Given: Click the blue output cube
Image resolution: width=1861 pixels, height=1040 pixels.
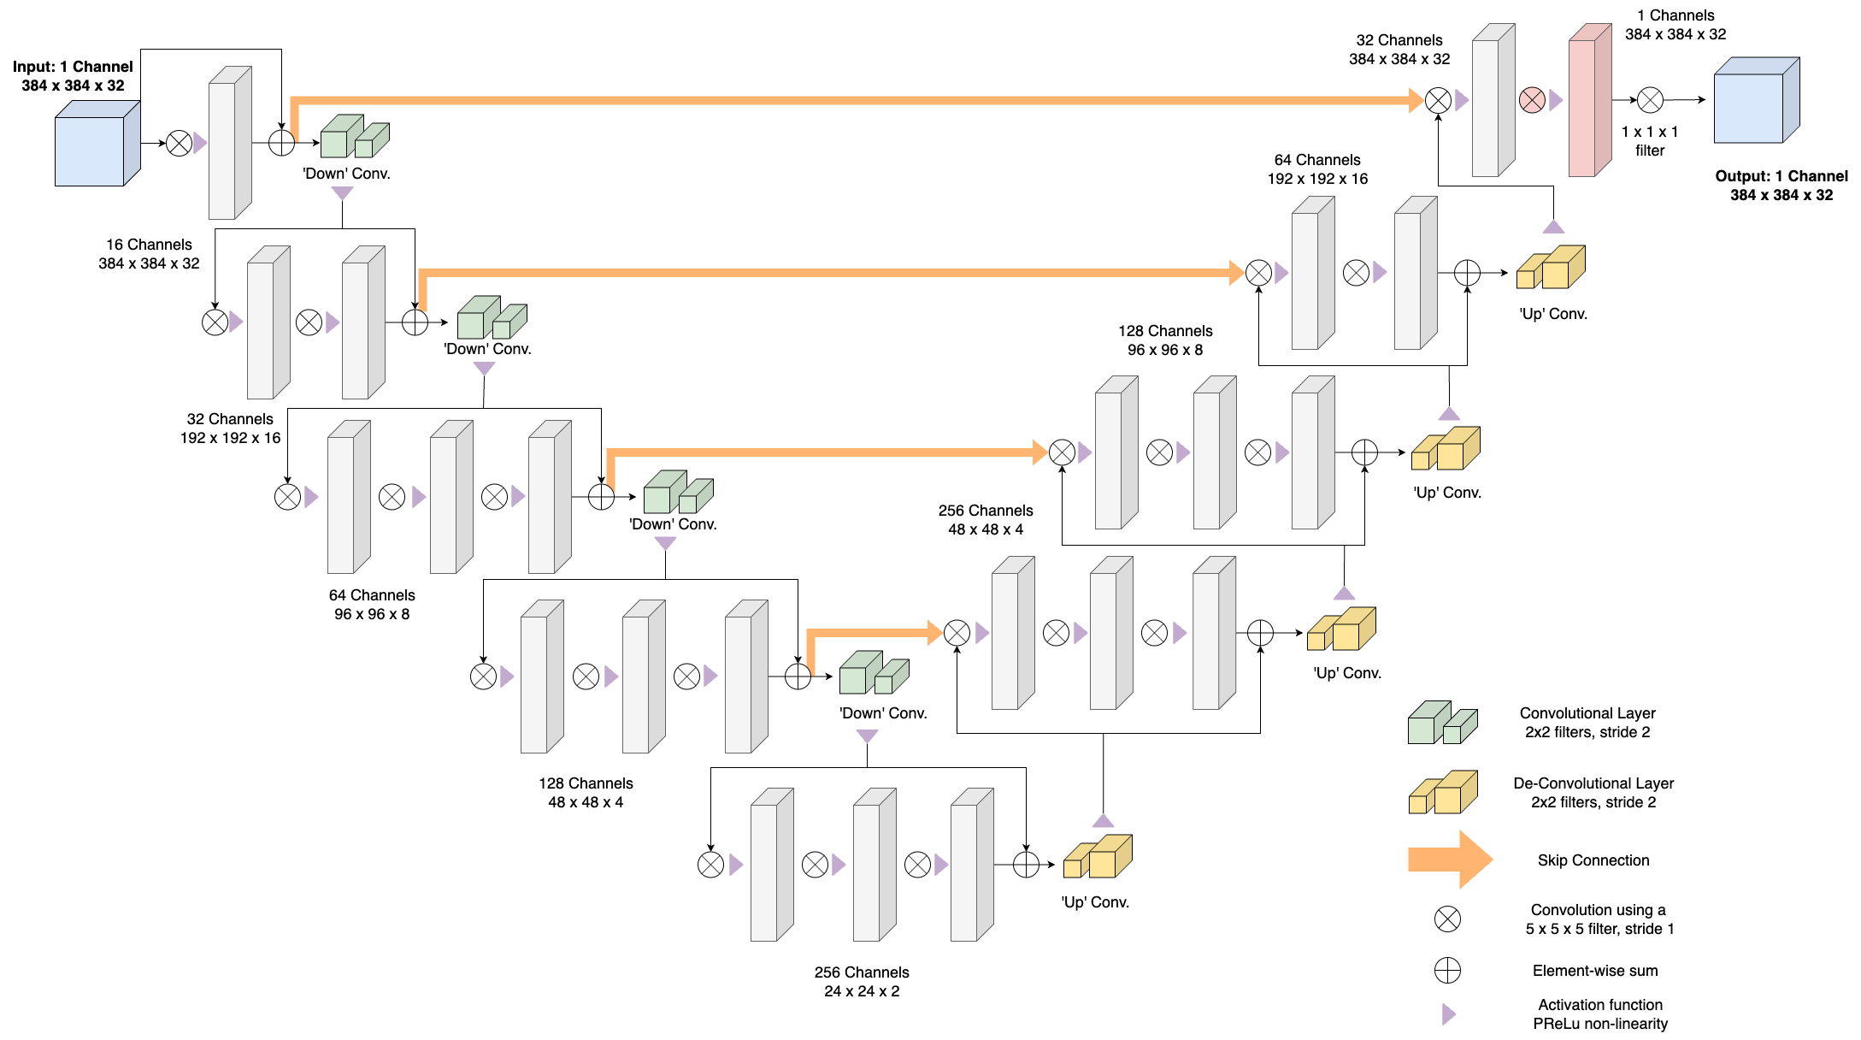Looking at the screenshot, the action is pyautogui.click(x=1757, y=100).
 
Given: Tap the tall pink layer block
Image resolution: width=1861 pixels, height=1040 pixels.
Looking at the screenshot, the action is pyautogui.click(x=1590, y=100).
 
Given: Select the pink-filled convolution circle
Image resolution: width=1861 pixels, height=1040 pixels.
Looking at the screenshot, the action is pyautogui.click(x=1532, y=100).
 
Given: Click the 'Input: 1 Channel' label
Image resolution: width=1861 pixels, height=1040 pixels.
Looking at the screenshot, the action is pyautogui.click(x=73, y=67).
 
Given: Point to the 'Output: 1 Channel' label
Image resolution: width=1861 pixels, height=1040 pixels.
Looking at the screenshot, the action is pyautogui.click(x=1781, y=176).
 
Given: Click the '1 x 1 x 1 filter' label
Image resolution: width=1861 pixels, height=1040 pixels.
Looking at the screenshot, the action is pyautogui.click(x=1650, y=141).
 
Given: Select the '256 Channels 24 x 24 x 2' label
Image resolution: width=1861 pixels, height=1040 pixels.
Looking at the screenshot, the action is pyautogui.click(x=862, y=982).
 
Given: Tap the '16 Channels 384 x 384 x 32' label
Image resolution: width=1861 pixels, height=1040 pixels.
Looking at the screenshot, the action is pyautogui.click(x=149, y=254).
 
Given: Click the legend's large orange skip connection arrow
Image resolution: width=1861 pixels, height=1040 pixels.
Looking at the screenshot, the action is pyautogui.click(x=1450, y=860).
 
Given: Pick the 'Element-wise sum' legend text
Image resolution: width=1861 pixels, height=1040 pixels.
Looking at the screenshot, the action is pyautogui.click(x=1595, y=971).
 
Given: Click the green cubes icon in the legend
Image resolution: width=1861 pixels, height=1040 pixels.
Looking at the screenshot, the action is pyautogui.click(x=1443, y=723).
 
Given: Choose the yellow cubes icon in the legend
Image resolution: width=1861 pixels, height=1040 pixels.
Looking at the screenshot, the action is pyautogui.click(x=1443, y=792).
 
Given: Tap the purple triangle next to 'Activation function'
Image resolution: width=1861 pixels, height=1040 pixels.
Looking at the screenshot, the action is pyautogui.click(x=1448, y=1014).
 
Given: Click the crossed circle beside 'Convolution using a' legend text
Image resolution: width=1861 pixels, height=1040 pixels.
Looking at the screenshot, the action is pyautogui.click(x=1447, y=919).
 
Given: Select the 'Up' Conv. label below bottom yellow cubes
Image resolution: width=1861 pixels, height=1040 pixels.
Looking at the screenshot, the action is pyautogui.click(x=1095, y=902).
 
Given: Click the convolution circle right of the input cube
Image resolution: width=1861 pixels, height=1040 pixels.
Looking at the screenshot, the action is pyautogui.click(x=179, y=143).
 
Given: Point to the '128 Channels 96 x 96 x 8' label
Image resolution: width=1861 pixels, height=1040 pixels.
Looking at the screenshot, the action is pyautogui.click(x=1165, y=340).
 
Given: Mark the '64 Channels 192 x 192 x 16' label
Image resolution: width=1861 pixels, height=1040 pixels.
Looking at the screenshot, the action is pyautogui.click(x=1317, y=169).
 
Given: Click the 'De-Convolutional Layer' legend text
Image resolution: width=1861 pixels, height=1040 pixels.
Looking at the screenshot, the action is pyautogui.click(x=1593, y=783).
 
